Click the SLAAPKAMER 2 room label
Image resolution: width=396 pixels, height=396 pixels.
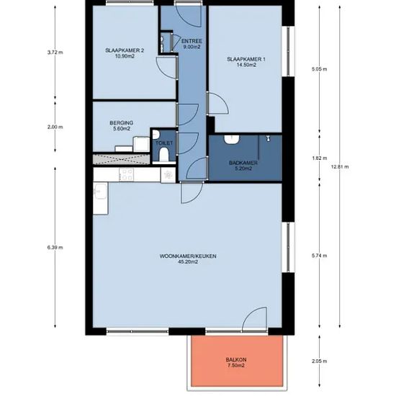click(125, 50)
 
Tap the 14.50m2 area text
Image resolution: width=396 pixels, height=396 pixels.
click(246, 65)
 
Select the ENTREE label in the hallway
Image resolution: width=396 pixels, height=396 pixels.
click(192, 41)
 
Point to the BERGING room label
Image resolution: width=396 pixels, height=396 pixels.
click(122, 123)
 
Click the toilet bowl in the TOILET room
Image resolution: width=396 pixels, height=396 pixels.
click(164, 154)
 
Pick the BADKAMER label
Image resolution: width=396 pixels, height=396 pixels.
click(243, 163)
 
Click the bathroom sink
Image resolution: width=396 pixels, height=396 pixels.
click(232, 140)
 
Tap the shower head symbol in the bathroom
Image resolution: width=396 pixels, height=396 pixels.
click(269, 138)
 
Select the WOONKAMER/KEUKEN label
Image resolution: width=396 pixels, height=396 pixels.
click(188, 256)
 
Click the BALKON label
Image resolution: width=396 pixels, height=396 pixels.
click(236, 359)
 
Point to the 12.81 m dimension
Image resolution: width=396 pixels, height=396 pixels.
click(340, 167)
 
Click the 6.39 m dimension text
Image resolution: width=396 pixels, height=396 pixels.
click(55, 248)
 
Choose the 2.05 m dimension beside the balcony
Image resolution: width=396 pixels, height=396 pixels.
click(320, 361)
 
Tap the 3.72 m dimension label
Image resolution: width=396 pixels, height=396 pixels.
click(55, 53)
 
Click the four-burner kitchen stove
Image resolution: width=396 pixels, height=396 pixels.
click(127, 174)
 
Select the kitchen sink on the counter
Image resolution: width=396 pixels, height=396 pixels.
click(101, 192)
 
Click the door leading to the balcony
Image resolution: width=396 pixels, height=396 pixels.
click(255, 319)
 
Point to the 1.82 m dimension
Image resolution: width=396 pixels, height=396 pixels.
click(320, 158)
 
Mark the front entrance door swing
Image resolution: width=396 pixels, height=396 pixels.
click(189, 16)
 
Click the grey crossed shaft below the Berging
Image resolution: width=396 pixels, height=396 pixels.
click(122, 159)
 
